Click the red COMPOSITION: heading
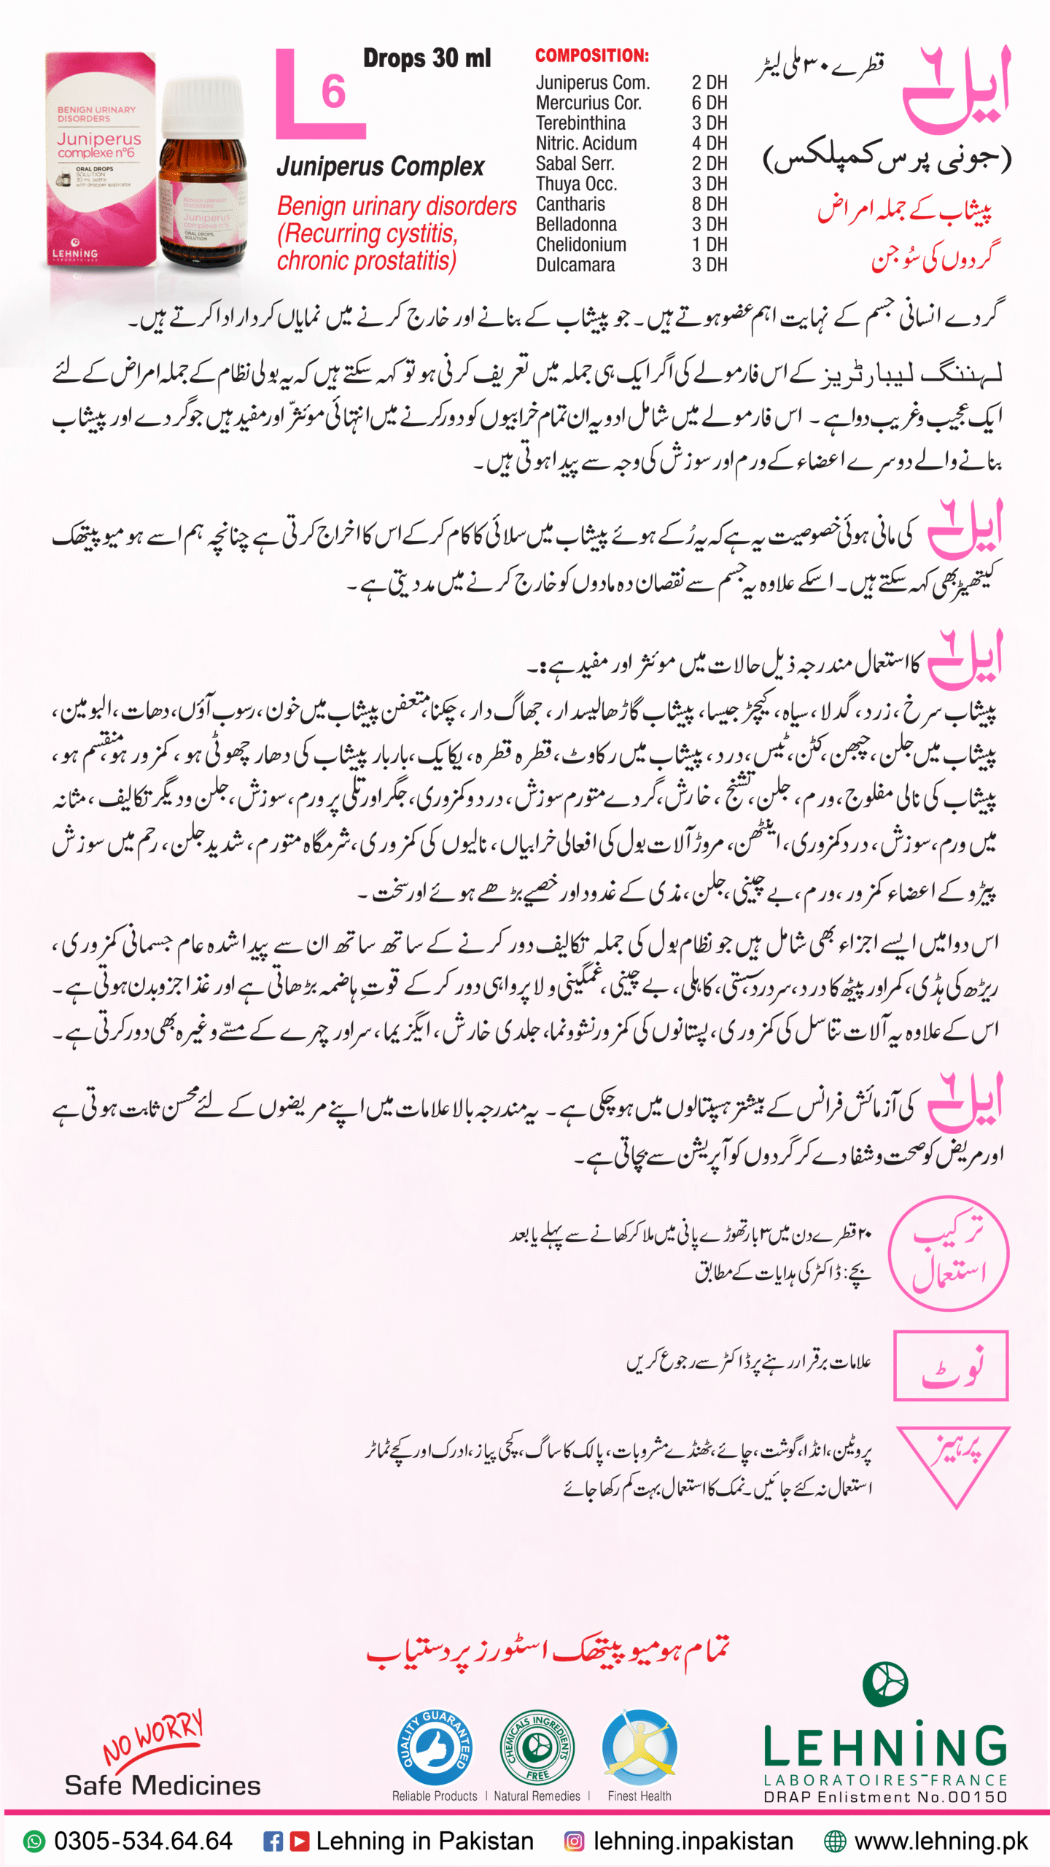[591, 55]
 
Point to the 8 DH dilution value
[709, 204]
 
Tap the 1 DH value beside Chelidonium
[709, 244]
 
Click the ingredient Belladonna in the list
[576, 225]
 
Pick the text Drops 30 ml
[427, 58]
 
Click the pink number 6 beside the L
[333, 93]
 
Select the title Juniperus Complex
[380, 167]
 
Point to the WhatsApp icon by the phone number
[34, 1841]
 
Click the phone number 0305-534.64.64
[143, 1841]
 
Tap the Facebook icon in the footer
[273, 1841]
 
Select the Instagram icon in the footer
[574, 1841]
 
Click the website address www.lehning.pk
[941, 1841]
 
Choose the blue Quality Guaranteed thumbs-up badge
[435, 1748]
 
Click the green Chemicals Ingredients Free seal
[537, 1748]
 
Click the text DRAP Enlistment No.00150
[884, 1797]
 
